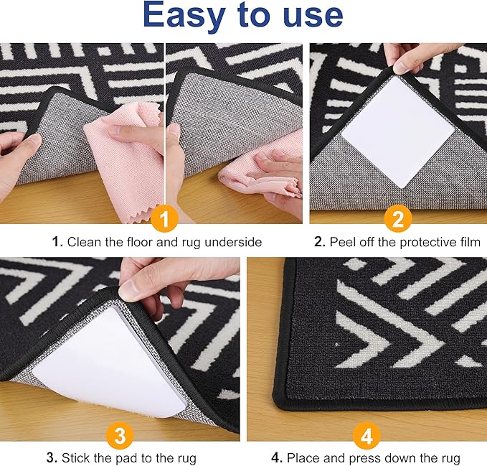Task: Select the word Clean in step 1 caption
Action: click(x=83, y=242)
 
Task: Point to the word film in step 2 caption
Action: click(x=468, y=242)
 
